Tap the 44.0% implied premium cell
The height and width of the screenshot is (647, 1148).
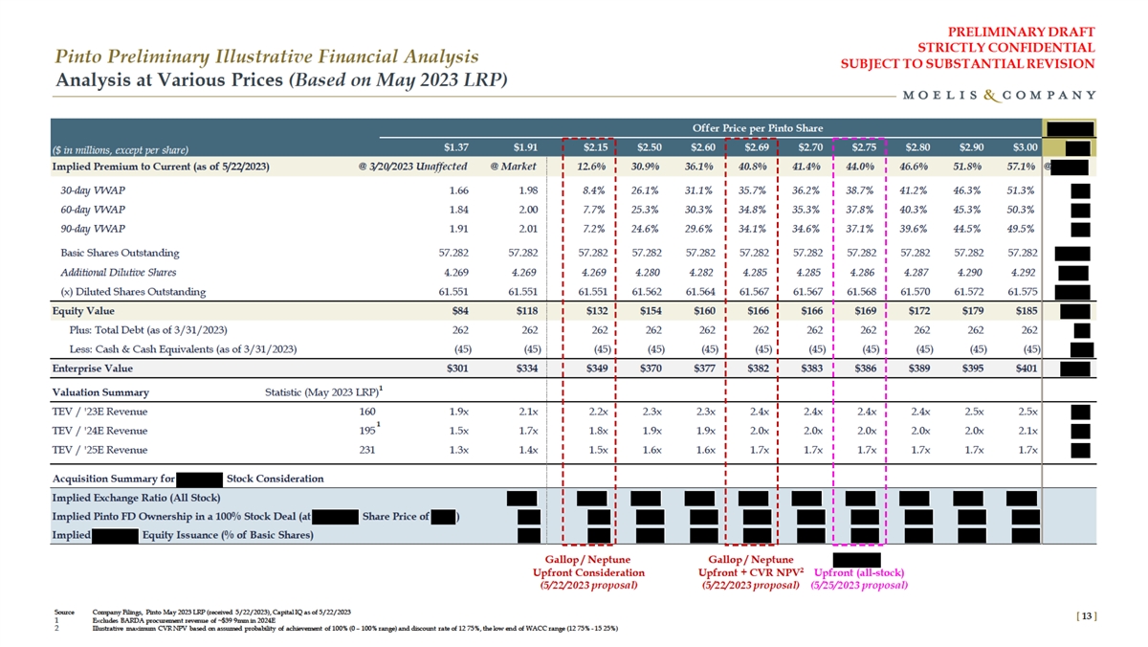(859, 167)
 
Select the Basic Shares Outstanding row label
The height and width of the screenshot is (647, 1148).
(119, 254)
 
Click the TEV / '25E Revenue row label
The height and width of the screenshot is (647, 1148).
(99, 449)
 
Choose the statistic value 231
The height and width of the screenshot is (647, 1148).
(366, 449)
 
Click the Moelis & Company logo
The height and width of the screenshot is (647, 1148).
(999, 95)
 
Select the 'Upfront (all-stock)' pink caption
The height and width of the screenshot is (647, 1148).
(859, 572)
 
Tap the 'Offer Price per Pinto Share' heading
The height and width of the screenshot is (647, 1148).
(750, 127)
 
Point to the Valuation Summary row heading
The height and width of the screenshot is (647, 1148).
(100, 392)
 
